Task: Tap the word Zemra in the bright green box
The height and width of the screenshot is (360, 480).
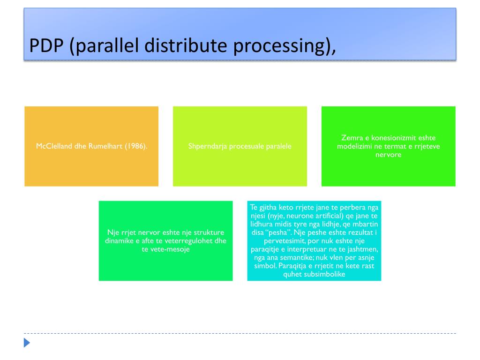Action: point(351,138)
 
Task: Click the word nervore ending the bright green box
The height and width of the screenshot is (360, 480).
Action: point(389,155)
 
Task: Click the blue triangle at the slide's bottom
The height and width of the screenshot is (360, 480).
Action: point(27,343)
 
